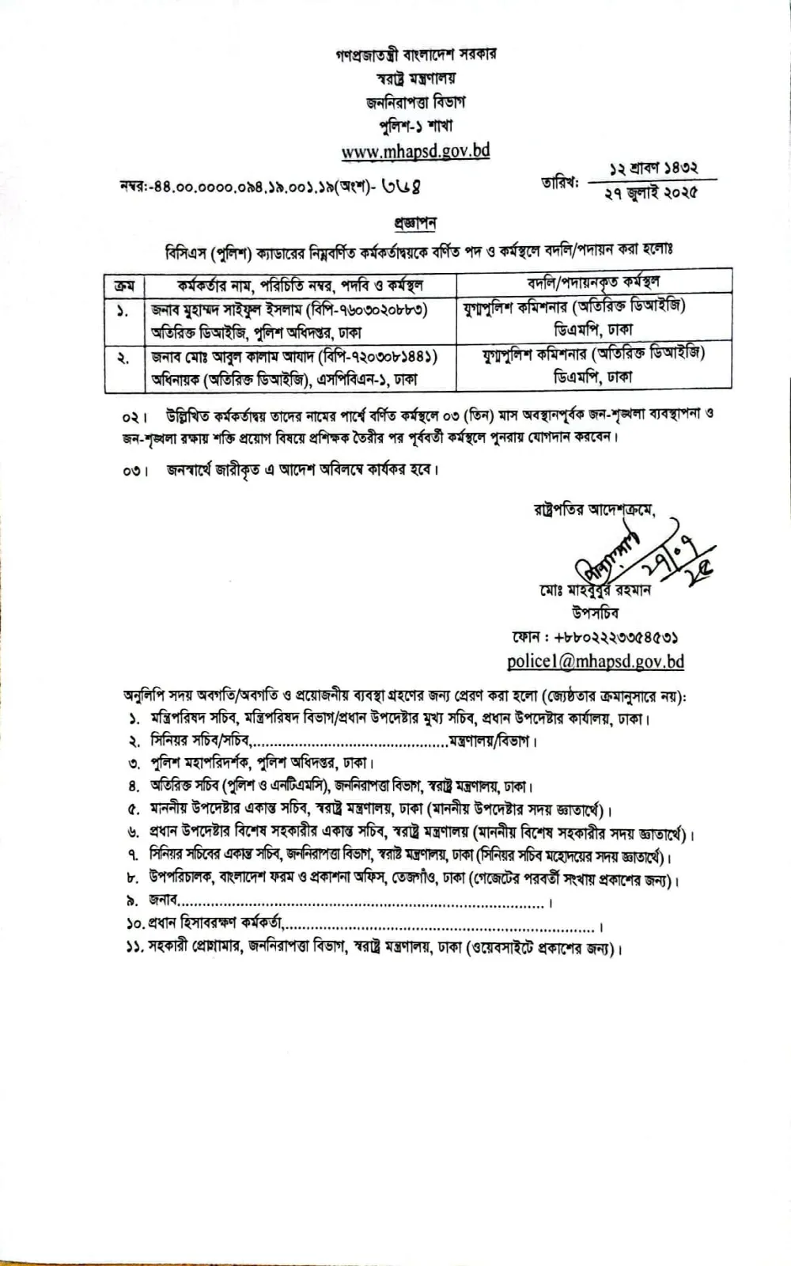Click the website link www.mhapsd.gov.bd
coord(415,150)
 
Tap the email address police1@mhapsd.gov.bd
coord(595,661)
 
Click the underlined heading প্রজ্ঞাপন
coord(415,224)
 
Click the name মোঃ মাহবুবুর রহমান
coord(592,590)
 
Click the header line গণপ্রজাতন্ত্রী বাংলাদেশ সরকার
coord(415,55)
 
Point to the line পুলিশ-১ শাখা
coord(415,126)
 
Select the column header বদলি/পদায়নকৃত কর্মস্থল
coord(593,282)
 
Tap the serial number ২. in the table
coord(123,358)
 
